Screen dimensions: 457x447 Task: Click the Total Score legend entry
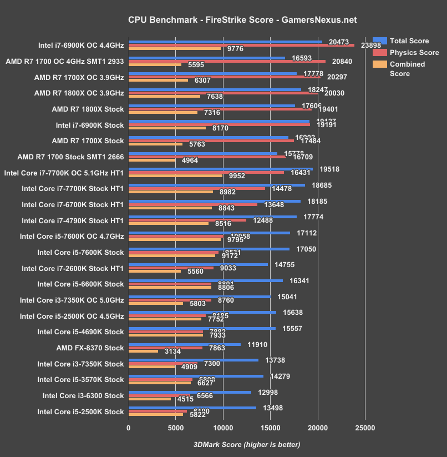coord(409,41)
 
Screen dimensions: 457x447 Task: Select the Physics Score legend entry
coord(414,53)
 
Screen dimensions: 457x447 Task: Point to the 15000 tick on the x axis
coord(271,428)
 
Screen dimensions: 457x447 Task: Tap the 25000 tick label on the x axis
coord(365,428)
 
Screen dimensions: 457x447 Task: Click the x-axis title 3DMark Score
coord(246,445)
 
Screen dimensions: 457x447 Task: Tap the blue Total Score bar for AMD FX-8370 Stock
coord(184,344)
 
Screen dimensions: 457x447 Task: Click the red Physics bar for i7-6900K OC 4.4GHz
coord(241,46)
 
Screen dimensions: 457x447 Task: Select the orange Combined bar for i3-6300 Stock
coord(150,399)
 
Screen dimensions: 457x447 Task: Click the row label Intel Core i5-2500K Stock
coord(80,411)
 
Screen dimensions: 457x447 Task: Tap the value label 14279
coord(281,376)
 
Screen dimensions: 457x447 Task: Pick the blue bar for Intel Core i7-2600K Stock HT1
coord(198,264)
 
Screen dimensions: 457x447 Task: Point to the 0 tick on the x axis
coord(129,428)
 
